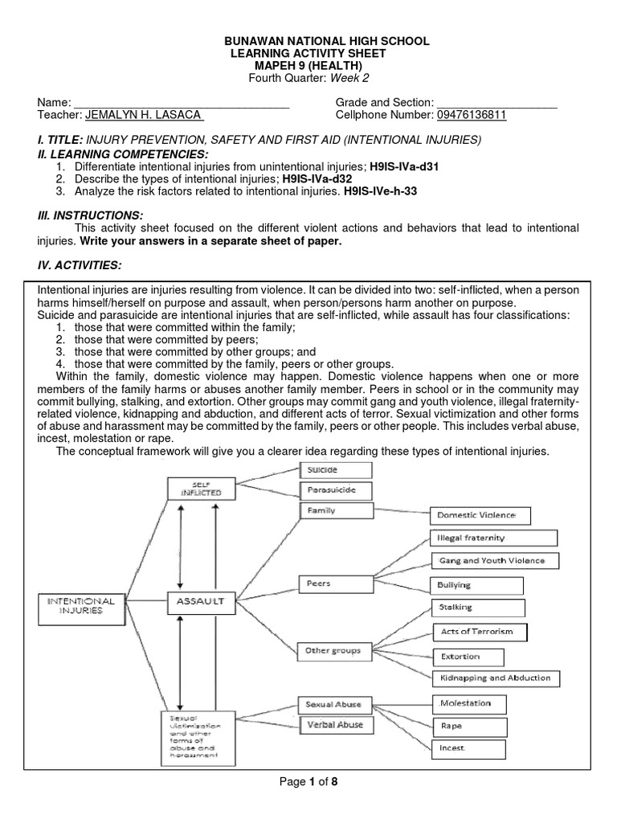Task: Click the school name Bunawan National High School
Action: (308, 40)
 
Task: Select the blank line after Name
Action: (181, 103)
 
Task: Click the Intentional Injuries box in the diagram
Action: (82, 604)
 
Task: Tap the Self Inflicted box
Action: (201, 487)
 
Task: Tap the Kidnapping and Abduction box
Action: (494, 678)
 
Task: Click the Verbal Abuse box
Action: (335, 725)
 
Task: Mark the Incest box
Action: (469, 748)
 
